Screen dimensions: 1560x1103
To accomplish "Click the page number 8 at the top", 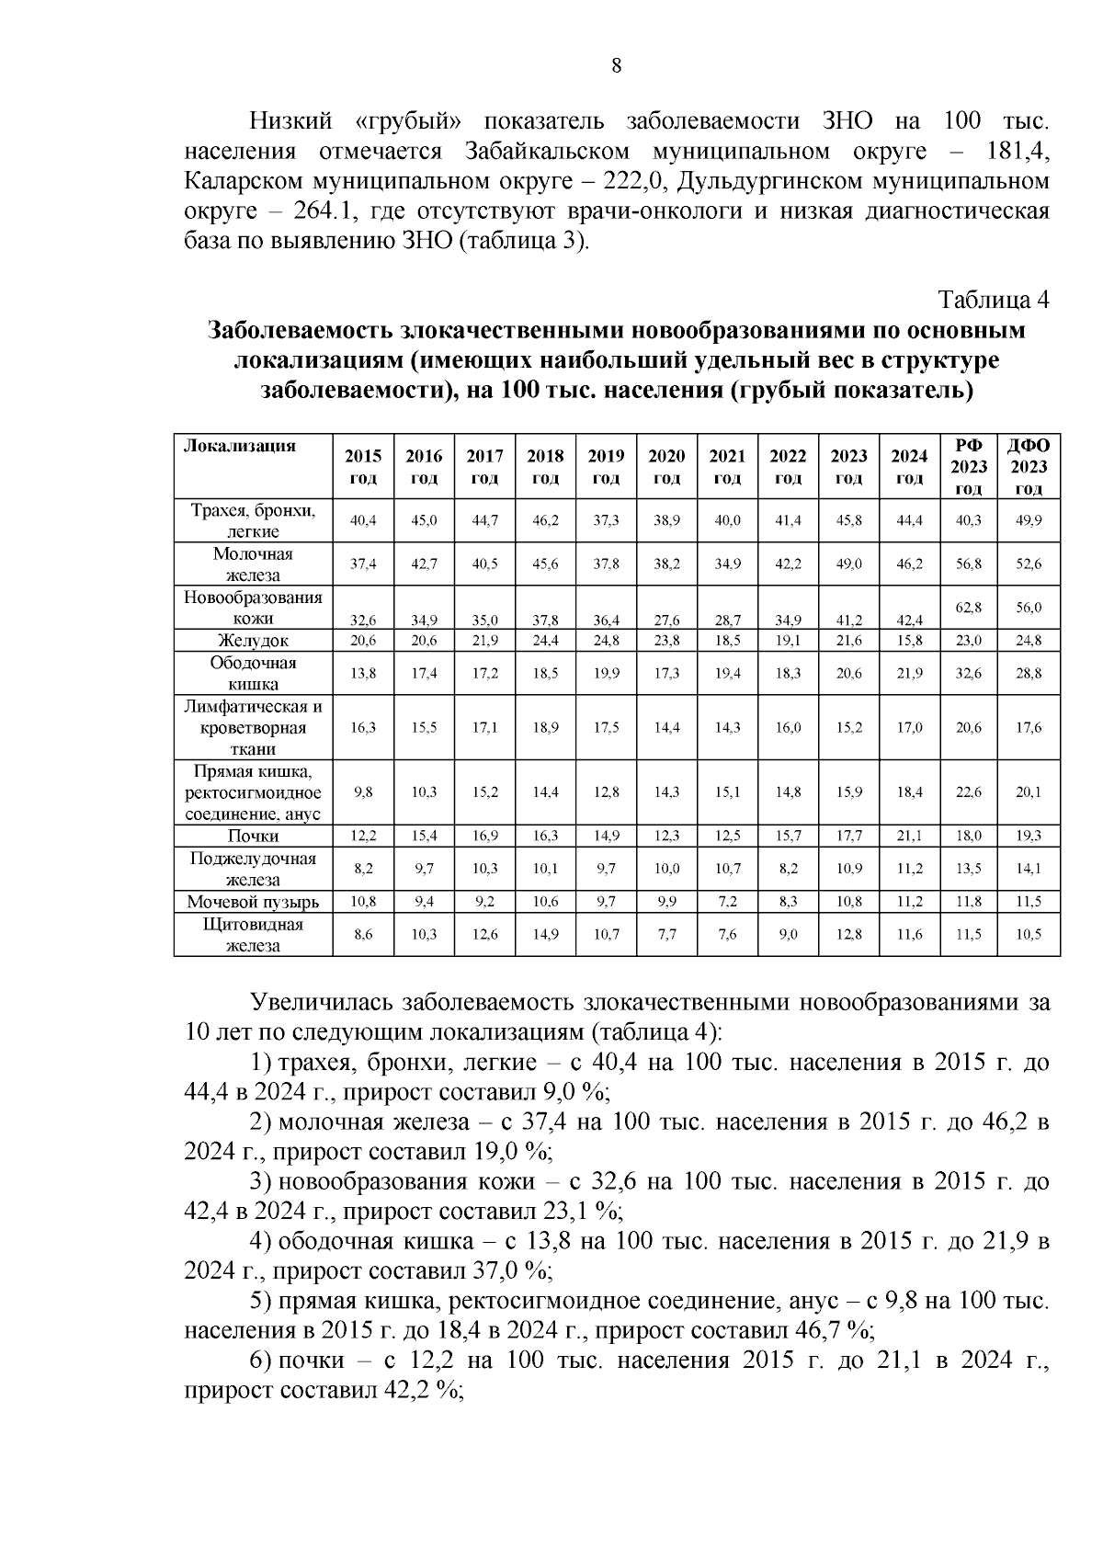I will coord(616,65).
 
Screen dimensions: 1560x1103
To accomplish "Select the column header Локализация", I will coord(240,447).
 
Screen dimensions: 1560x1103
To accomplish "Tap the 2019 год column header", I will coord(606,466).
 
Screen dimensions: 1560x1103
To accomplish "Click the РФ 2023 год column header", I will coord(969,467).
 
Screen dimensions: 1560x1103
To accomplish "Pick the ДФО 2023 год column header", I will coord(1029,467).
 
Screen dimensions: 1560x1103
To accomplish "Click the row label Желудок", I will coord(253,641).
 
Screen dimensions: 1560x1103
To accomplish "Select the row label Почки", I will coord(253,836).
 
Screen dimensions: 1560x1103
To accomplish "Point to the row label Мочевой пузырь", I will coord(253,902).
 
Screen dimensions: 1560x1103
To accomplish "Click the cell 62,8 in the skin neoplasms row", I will coord(969,608).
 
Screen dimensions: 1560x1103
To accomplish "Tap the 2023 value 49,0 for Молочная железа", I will coord(848,564).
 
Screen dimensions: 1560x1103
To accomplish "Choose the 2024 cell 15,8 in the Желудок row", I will coord(909,641).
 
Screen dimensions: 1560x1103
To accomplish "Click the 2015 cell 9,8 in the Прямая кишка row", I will coord(363,791).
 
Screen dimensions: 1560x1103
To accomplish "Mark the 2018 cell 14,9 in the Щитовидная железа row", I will coord(545,934).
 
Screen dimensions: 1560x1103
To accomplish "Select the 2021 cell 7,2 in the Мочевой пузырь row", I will coord(727,902).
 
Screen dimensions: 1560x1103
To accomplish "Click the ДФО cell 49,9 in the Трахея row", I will coord(1029,520).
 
